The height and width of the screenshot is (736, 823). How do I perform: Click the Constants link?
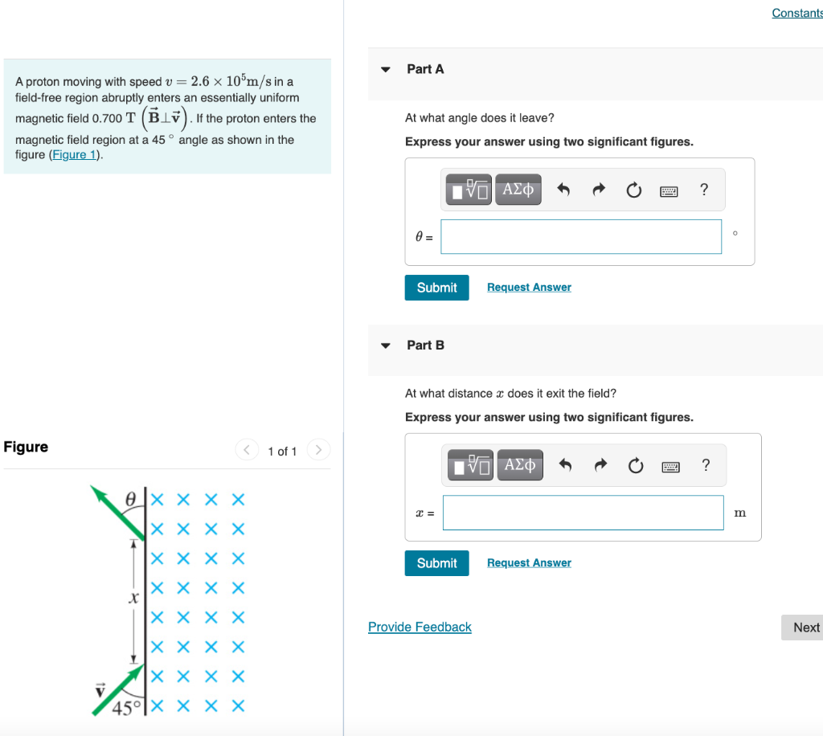796,13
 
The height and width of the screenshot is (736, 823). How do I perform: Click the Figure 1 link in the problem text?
75,155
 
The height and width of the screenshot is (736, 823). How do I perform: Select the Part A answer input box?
581,236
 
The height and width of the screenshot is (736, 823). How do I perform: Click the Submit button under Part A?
436,288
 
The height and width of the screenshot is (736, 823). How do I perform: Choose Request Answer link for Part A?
529,288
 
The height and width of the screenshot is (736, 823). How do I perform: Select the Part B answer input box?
583,513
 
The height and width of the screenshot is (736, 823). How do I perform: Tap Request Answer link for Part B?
529,563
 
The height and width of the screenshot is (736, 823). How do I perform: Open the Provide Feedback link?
420,627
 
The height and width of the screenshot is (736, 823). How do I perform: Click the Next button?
804,628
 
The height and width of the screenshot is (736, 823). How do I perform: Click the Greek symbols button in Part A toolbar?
518,190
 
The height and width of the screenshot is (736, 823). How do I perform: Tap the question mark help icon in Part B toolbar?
706,465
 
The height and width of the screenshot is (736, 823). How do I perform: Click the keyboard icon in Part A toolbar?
669,190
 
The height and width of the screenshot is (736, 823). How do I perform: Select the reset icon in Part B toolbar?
636,466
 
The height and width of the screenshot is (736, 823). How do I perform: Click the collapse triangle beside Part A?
386,70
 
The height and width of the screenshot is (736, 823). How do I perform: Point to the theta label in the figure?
130,498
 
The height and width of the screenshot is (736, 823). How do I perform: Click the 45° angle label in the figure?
126,708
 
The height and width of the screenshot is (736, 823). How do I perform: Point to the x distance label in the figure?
134,599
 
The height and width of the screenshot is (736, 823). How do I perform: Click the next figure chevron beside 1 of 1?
318,449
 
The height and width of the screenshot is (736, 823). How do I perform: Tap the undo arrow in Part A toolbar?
563,190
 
